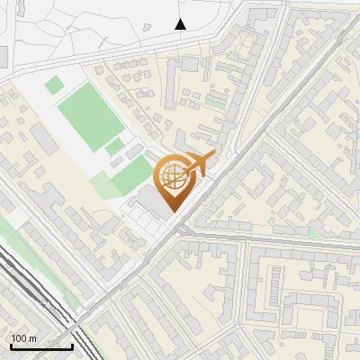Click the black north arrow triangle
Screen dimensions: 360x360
181,24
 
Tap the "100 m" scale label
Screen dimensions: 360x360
24,338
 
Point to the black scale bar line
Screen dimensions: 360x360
40,346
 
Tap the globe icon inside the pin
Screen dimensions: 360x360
172,176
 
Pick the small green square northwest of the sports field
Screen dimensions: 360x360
55,85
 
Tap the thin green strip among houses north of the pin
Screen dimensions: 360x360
214,103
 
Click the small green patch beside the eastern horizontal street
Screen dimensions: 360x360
314,233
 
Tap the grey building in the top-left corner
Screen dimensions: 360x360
4,57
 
